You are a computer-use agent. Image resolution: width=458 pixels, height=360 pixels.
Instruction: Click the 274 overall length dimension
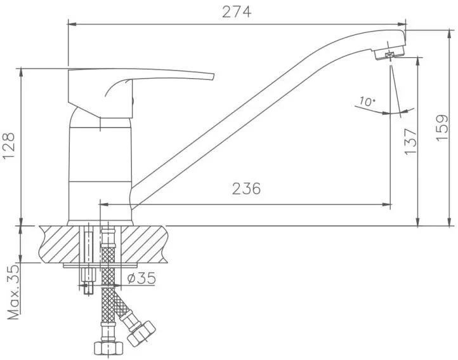click(237, 12)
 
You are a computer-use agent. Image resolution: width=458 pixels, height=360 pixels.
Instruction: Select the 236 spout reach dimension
click(246, 189)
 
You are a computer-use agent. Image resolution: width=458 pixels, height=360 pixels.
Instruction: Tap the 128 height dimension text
click(9, 146)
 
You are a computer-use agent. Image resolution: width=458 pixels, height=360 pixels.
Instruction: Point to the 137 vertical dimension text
click(410, 141)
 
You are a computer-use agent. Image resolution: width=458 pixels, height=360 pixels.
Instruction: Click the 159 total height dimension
click(442, 128)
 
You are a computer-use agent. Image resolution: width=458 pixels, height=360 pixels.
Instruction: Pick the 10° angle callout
click(367, 101)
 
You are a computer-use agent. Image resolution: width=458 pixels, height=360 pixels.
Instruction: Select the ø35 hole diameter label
click(141, 278)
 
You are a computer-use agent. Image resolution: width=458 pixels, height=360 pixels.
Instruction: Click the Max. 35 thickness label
click(13, 291)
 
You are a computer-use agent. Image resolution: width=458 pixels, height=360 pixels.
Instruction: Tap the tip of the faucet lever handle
click(213, 77)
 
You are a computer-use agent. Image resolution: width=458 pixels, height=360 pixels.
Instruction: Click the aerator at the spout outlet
click(389, 53)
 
